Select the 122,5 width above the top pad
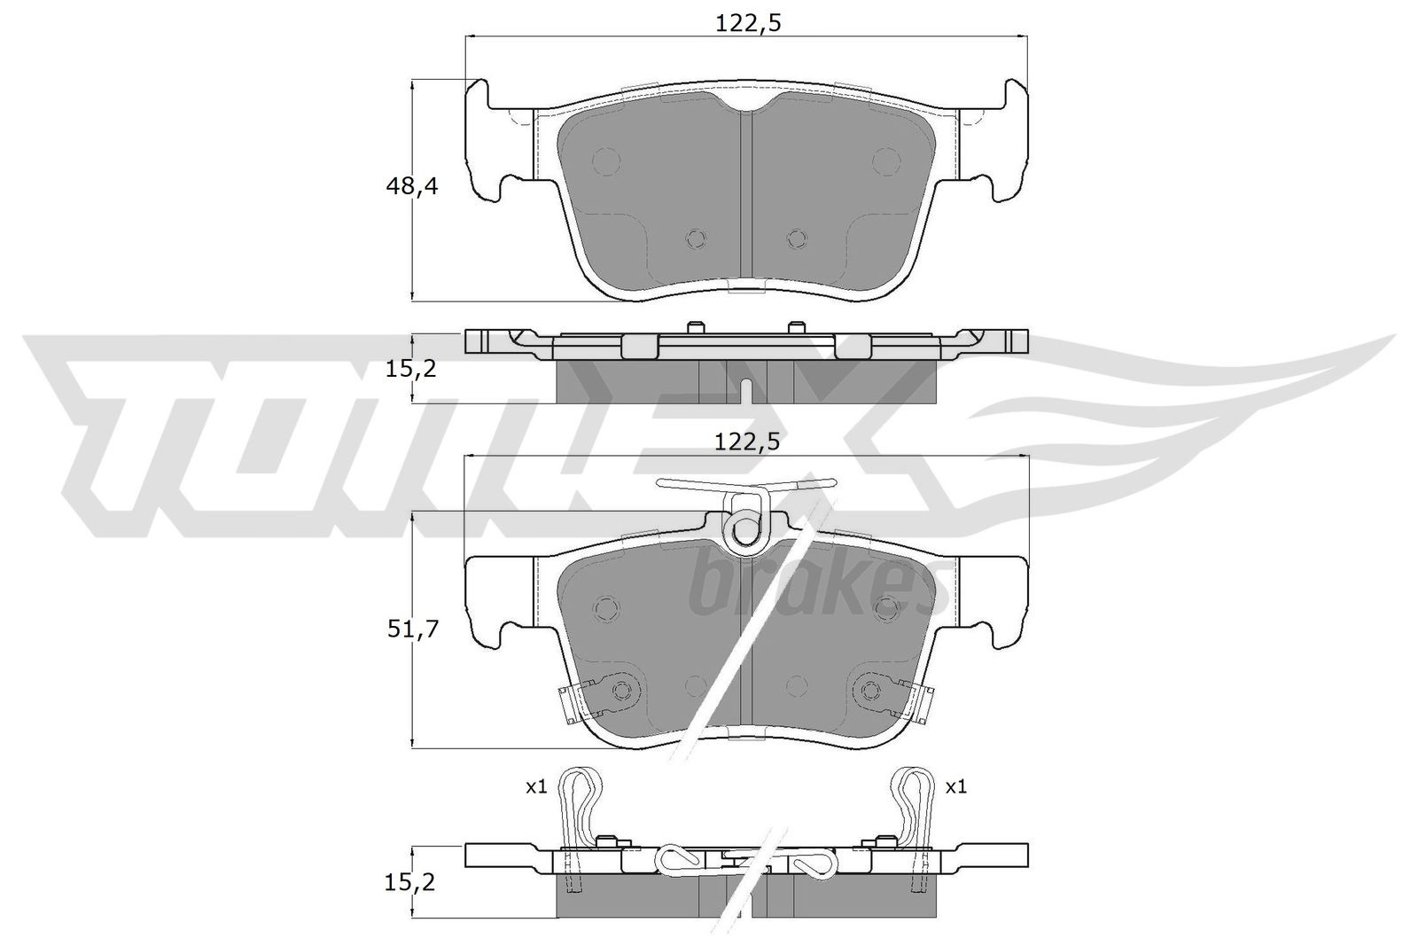747,25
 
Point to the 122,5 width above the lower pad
747,442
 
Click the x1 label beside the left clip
535,786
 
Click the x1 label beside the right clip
955,786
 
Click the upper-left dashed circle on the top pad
607,161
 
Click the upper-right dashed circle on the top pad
884,161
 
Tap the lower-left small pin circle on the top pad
697,238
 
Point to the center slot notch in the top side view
746,390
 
